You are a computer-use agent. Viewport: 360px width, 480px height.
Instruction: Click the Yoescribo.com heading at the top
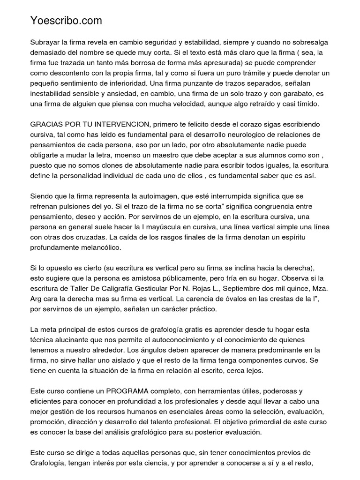(x=66, y=21)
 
